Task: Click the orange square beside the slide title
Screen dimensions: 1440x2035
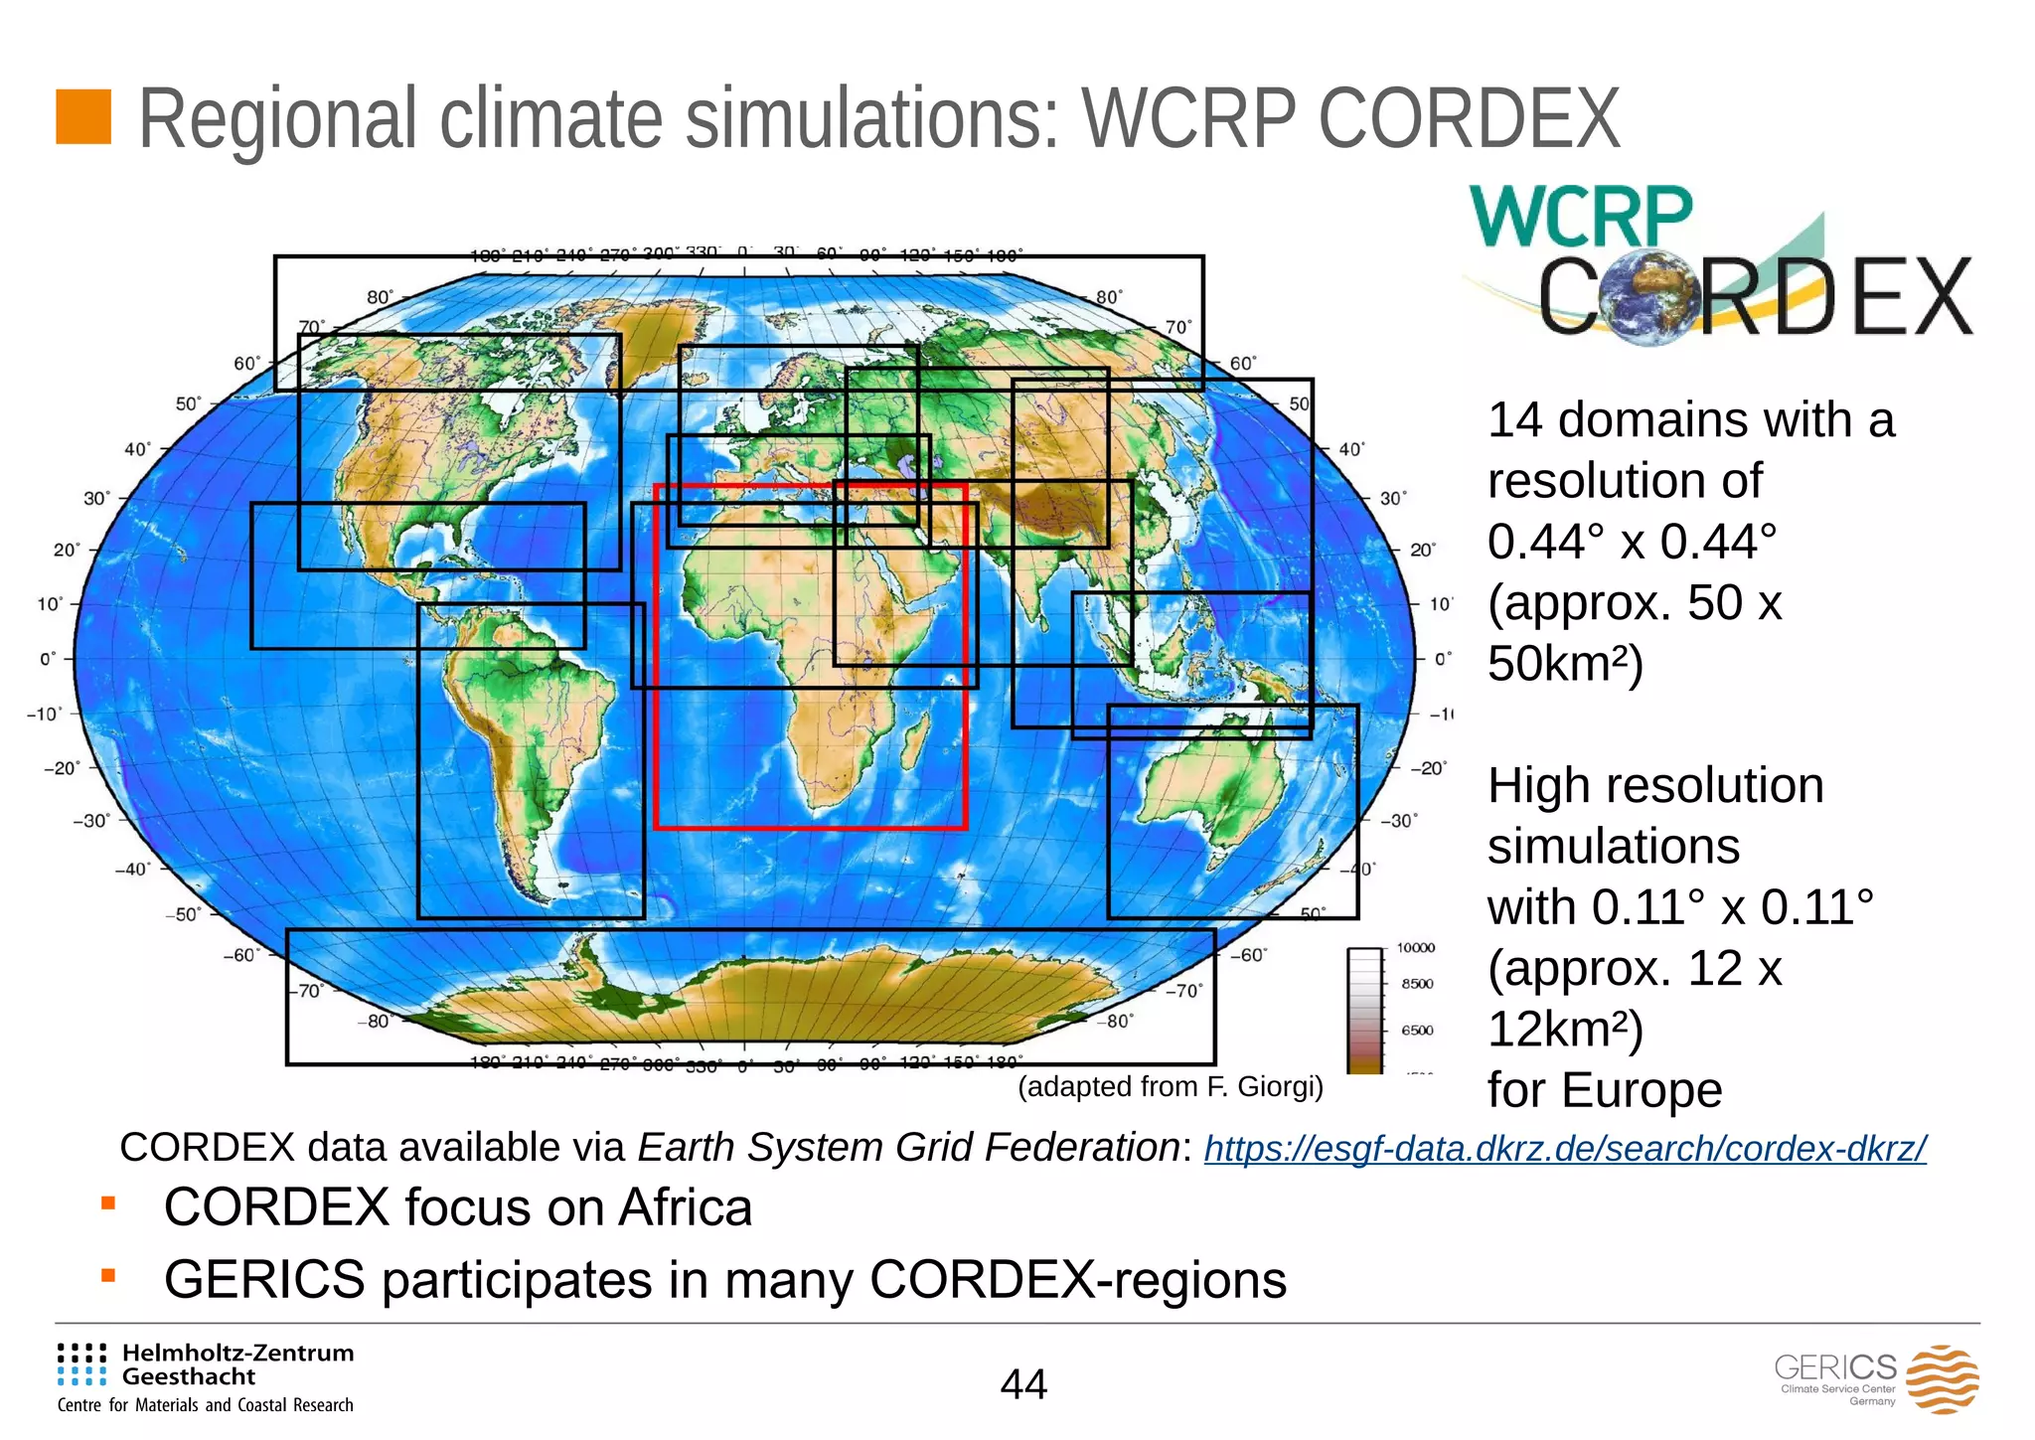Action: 83,117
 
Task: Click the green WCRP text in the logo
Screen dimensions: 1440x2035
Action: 1581,216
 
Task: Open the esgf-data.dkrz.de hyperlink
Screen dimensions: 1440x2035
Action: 1565,1149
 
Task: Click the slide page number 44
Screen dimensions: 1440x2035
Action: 1023,1384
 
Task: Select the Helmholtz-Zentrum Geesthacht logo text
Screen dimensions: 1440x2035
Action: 237,1364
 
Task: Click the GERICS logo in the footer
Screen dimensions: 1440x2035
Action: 1876,1378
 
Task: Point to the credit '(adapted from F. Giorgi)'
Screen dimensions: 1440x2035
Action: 1171,1087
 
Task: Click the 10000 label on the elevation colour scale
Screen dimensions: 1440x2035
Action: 1416,948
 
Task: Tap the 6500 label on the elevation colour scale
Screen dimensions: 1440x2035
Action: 1417,1031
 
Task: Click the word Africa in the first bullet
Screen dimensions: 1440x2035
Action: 685,1208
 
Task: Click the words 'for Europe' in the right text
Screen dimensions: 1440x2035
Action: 1605,1091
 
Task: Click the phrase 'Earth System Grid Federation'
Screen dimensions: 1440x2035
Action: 908,1148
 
